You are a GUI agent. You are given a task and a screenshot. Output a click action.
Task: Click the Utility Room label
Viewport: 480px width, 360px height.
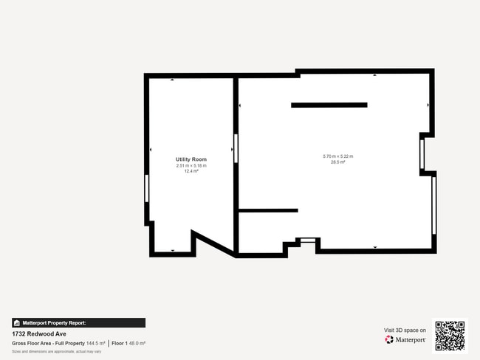coord(191,159)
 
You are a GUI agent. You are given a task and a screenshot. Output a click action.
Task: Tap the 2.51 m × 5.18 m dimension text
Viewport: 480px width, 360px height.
coord(191,165)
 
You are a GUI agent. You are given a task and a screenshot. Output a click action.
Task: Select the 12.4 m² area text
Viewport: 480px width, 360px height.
coord(191,171)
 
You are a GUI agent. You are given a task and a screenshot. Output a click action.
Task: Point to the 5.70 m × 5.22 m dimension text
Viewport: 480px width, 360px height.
coord(338,156)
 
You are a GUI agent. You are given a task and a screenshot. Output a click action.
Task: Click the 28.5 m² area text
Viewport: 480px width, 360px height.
coord(338,162)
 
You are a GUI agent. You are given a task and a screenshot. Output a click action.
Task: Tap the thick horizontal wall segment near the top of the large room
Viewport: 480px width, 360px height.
coord(329,105)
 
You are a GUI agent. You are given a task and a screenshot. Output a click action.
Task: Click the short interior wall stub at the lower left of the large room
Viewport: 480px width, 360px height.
coord(268,211)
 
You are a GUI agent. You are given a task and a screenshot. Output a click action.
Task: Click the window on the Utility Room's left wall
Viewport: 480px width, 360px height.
coord(147,187)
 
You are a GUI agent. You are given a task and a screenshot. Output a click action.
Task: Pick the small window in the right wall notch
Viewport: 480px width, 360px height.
coord(422,154)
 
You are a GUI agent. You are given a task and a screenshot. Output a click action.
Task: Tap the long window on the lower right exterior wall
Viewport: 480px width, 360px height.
coord(433,204)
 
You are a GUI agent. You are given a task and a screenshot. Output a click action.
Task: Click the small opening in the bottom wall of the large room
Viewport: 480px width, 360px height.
coord(308,238)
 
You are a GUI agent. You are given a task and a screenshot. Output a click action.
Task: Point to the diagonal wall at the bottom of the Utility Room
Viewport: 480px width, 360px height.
coord(214,243)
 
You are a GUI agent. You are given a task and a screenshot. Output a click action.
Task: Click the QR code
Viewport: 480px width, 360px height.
coord(450,336)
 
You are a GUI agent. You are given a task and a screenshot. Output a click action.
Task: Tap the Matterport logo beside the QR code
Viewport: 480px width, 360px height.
coord(405,339)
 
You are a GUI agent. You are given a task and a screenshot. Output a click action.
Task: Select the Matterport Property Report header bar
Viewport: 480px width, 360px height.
coord(78,322)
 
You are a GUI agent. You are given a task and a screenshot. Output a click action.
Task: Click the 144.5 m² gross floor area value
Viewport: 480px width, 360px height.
coord(95,344)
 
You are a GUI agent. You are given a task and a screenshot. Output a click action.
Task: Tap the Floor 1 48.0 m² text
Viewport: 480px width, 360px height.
coord(128,344)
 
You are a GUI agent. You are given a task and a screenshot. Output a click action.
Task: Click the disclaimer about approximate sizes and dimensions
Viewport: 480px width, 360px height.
coord(56,351)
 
